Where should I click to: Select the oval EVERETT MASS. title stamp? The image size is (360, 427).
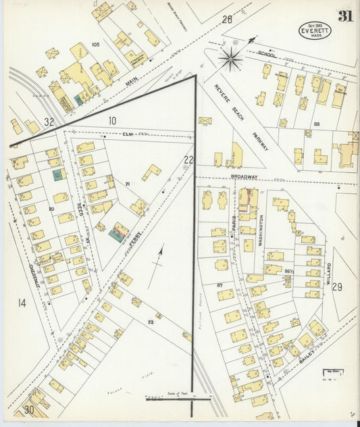pos(315,30)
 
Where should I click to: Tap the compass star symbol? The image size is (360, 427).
pos(231,59)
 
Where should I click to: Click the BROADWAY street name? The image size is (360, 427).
pos(244,176)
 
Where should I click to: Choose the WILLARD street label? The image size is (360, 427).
pos(329,274)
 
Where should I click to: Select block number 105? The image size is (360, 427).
pos(95,44)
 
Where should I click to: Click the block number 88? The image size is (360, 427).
pos(316,124)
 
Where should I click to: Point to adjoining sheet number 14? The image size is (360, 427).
pos(22,303)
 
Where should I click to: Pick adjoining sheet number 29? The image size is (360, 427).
pos(337,287)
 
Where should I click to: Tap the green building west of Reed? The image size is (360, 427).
pos(58,174)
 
